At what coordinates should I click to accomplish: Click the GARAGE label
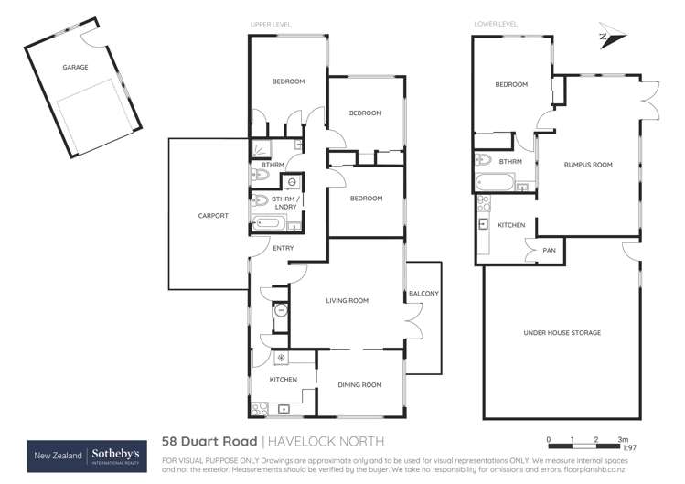(75, 68)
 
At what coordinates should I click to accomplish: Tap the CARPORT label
(213, 216)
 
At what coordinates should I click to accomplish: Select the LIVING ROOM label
(347, 300)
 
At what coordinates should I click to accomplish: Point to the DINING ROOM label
(359, 385)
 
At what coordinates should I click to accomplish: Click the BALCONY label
(424, 293)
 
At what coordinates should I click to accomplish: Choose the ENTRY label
(259, 247)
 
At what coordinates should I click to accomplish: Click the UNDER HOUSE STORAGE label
(562, 333)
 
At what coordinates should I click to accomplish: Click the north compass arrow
(610, 36)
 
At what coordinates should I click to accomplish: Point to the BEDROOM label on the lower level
(511, 85)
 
